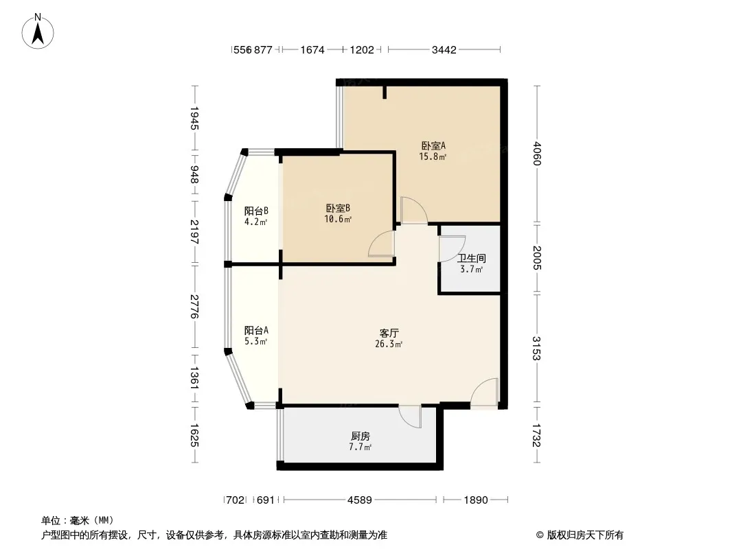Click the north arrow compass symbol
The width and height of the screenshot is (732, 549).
coord(38,32)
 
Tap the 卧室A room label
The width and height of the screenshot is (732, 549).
coord(433,145)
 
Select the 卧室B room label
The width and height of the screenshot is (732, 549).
coord(338,208)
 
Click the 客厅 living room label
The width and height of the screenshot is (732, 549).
coord(389,333)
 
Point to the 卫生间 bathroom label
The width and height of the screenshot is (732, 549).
coord(472,258)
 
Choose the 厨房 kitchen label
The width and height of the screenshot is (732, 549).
coord(361,436)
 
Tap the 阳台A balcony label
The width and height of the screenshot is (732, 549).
coord(256,330)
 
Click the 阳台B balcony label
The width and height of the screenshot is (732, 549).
coord(256,211)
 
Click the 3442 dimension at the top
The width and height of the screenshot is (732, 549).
coord(444,49)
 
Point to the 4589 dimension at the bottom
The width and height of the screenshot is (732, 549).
coord(359,500)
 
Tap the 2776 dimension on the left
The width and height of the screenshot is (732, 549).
coord(194,307)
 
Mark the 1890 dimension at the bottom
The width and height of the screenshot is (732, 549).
coord(476,500)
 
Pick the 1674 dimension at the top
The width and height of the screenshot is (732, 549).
coord(312,49)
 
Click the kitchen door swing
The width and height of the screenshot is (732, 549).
coord(411,417)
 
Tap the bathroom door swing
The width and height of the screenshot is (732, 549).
coord(453,248)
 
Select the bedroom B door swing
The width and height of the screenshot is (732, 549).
coord(382,244)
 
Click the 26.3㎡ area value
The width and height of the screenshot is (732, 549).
coord(389,344)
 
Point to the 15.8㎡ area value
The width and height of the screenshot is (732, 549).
coord(433,156)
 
